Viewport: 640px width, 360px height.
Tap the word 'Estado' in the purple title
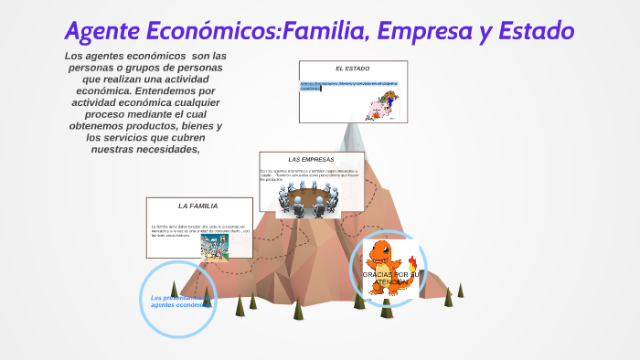coord(531,31)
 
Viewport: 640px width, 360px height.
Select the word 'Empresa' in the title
coord(432,31)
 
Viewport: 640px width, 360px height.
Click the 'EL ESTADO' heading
coord(352,69)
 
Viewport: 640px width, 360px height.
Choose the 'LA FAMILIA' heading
coord(197,206)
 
